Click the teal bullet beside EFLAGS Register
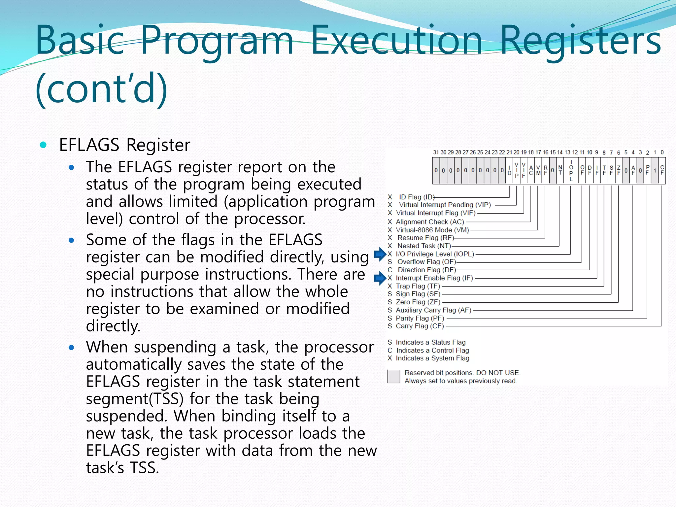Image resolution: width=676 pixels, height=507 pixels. click(43, 145)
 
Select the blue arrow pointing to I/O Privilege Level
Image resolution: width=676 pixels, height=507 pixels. click(380, 254)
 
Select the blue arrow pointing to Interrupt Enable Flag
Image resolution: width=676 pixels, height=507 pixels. click(380, 278)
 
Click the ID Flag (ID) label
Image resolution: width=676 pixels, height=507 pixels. click(417, 197)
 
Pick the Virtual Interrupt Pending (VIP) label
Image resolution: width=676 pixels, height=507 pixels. click(445, 205)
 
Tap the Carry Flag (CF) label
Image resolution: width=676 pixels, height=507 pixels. click(420, 326)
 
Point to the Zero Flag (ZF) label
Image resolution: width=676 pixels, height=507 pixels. click(418, 302)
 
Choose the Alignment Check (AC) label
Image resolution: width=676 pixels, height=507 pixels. click(430, 222)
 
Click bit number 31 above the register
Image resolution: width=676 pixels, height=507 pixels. click(436, 152)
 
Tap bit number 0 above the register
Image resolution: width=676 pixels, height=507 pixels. click(662, 152)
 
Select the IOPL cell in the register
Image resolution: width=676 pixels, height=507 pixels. click(571, 171)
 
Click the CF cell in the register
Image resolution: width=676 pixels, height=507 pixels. click(662, 171)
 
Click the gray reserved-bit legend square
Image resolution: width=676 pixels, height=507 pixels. click(393, 377)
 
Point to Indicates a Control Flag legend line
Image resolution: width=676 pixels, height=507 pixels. click(432, 351)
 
